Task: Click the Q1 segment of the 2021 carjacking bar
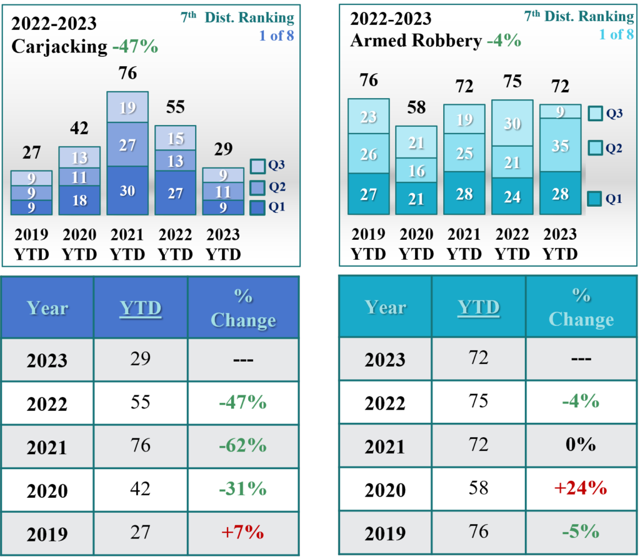(127, 190)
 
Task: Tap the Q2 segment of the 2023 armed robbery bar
(560, 146)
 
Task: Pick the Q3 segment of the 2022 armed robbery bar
(512, 123)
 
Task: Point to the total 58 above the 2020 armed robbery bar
(416, 107)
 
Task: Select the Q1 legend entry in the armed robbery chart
(596, 199)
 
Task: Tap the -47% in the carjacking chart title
(135, 46)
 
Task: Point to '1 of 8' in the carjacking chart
(276, 36)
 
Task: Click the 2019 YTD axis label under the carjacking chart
(32, 244)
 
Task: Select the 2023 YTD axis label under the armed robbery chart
(560, 244)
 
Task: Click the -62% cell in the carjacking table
(242, 446)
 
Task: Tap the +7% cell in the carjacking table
(242, 533)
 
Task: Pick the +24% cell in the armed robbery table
(581, 488)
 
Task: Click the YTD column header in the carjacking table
(141, 309)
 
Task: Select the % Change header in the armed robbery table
(581, 307)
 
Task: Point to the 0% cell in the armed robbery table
(581, 445)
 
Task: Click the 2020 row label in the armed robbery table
(385, 490)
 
